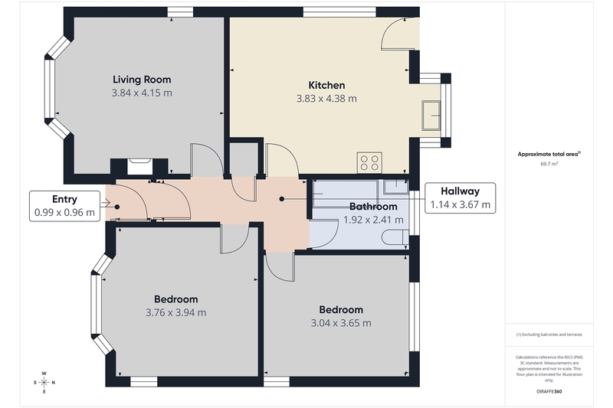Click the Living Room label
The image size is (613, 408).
coord(142,80)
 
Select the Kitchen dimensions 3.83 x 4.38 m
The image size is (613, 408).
coord(326,99)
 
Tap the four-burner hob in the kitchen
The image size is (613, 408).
coord(369,162)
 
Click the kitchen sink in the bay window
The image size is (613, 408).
coord(431,116)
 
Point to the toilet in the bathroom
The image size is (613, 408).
coord(395,238)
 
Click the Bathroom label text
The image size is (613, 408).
coord(373,207)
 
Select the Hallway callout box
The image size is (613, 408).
coord(461,198)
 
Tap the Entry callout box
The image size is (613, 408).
coord(64,206)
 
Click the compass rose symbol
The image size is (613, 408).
coord(44,382)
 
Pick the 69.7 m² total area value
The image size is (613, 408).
coord(549,164)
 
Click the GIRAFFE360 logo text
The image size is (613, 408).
coord(549,391)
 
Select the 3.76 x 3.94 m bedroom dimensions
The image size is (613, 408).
coord(176,313)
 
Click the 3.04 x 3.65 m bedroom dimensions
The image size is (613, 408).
coord(341,323)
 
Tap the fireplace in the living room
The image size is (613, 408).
coord(139,166)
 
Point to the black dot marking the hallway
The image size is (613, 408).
coord(281,199)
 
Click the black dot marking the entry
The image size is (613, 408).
coord(117,207)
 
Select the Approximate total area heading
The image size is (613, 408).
coord(549,154)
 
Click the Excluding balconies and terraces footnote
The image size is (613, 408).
coord(549,335)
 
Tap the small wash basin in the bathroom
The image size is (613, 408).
coord(395,187)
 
